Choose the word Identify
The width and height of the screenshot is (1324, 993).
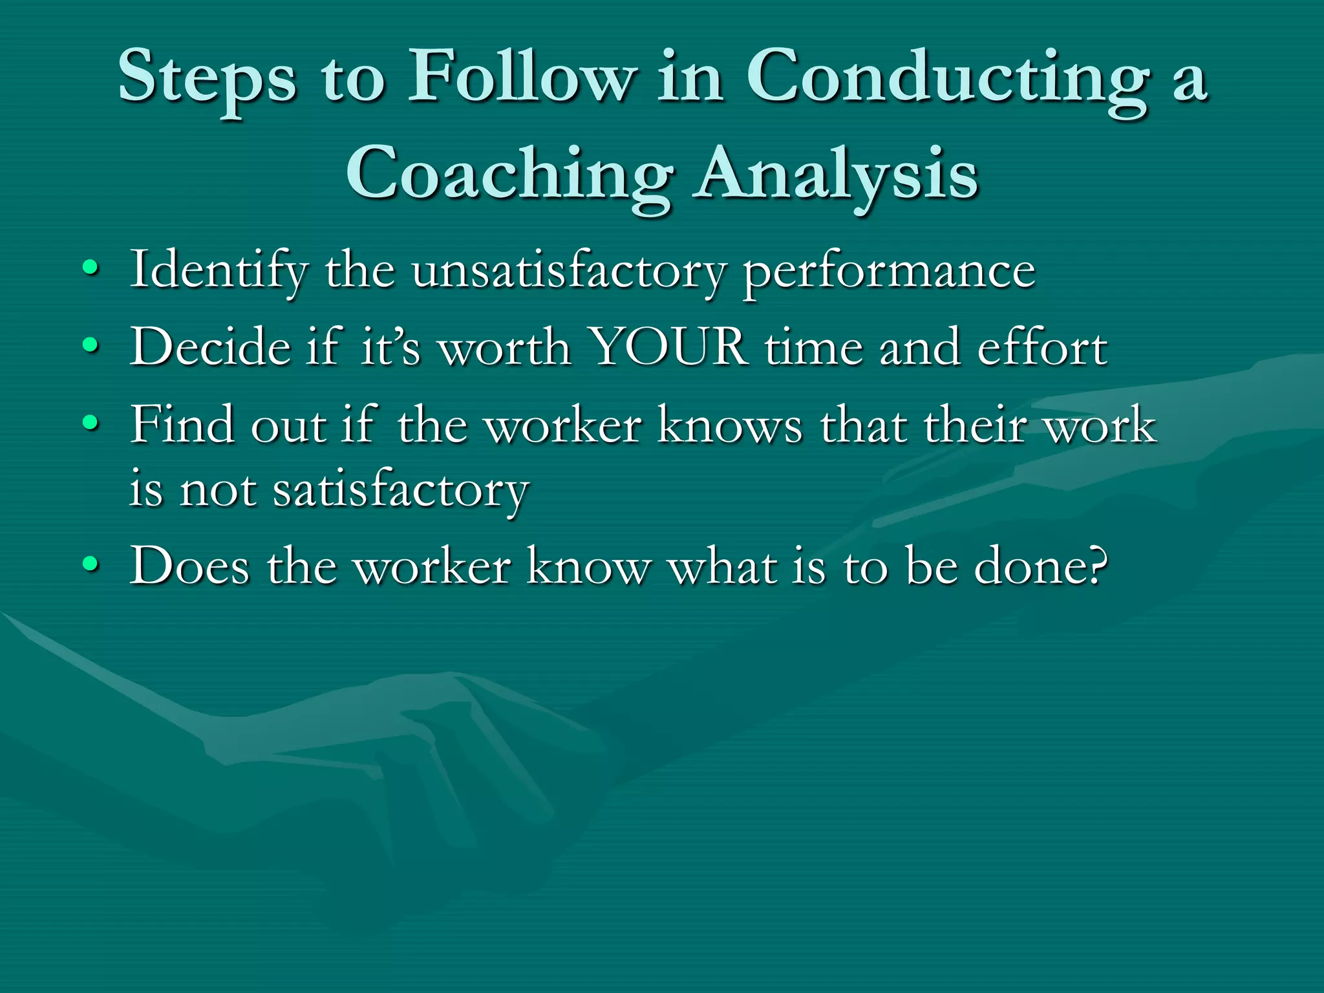219,270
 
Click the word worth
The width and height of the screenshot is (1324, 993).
504,348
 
